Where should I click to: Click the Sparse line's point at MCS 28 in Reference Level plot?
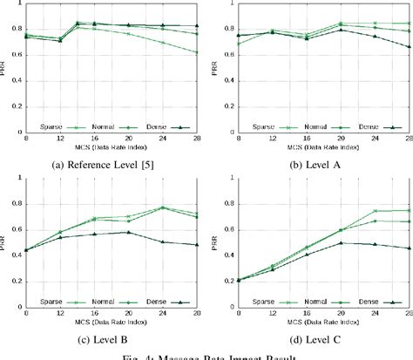pos(196,52)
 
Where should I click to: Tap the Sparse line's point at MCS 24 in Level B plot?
pos(162,207)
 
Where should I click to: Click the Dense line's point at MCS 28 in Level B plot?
pos(196,245)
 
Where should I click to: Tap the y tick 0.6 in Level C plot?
pos(225,230)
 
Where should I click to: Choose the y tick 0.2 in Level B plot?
pos(17,283)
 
